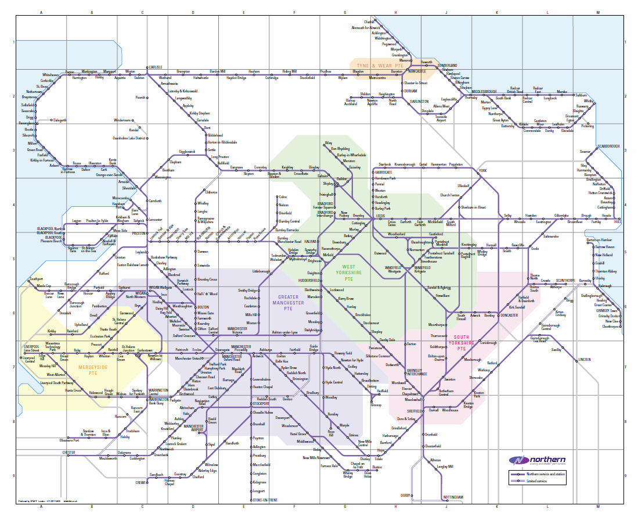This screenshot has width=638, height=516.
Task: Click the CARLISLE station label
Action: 156,67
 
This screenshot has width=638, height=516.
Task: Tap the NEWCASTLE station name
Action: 417,71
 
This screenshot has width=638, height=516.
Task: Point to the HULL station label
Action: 617,221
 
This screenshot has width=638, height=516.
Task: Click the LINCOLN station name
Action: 585,360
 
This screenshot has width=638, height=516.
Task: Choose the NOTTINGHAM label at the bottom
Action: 453,497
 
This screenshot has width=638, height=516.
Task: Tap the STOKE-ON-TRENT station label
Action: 265,500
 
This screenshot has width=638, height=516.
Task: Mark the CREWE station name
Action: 141,482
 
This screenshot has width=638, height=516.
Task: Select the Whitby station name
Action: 589,101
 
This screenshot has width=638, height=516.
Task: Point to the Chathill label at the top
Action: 361,21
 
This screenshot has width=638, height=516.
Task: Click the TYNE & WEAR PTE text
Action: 379,66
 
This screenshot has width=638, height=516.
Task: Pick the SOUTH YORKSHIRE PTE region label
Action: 462,343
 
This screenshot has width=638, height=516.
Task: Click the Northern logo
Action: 537,460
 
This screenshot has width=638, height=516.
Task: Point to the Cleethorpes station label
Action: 611,327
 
